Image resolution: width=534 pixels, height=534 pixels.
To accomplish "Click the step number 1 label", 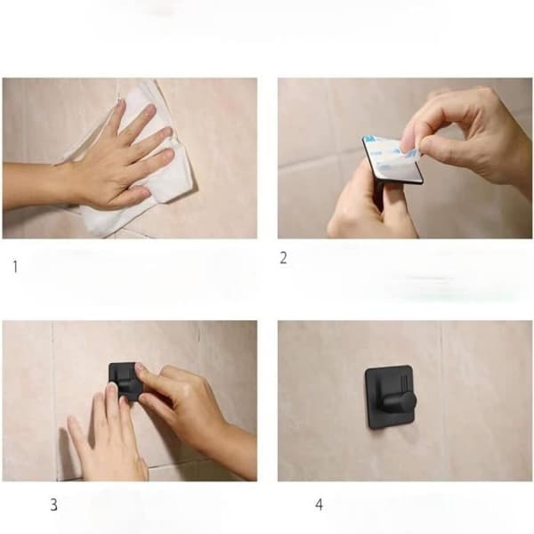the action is pos(15,267).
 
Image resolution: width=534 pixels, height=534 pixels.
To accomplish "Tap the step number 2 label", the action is pos(283,258).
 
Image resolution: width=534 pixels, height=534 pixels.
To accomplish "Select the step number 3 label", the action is pos(53,505).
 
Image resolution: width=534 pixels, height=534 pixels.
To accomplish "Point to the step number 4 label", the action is pos(319,505).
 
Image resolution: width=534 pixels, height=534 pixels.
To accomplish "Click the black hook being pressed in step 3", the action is pos(125,381).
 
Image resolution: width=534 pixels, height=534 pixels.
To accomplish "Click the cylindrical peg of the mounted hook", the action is pos(399,404).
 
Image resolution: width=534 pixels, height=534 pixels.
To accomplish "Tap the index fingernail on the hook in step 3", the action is pos(140,367).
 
